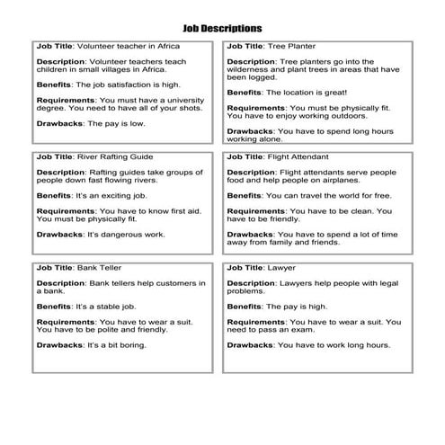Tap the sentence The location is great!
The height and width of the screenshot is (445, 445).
(x=307, y=92)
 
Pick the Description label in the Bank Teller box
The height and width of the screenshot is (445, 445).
(x=60, y=284)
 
